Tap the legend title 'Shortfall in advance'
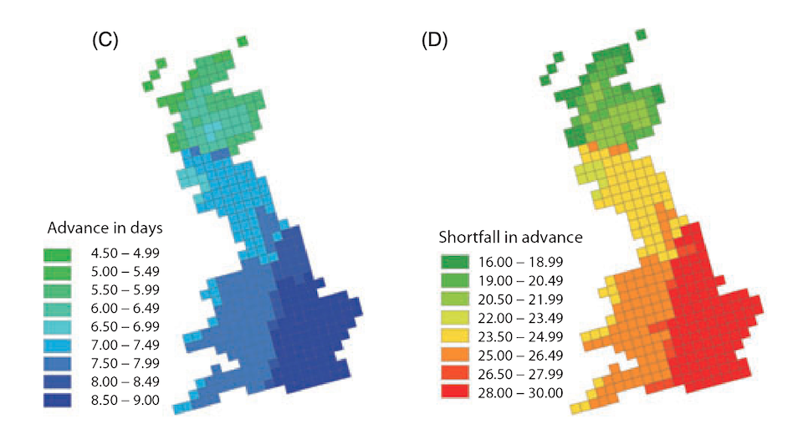(511, 237)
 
